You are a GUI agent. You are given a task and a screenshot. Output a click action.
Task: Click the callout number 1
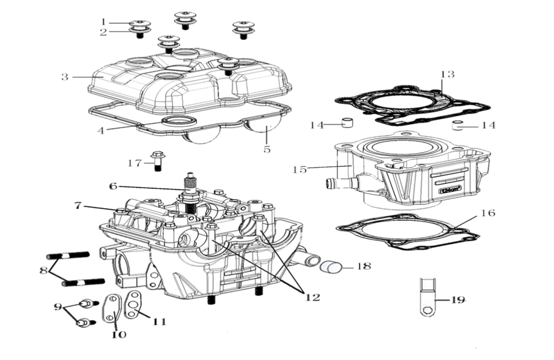pyautogui.click(x=104, y=21)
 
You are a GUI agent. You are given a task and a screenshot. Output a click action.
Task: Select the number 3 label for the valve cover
pyautogui.click(x=65, y=77)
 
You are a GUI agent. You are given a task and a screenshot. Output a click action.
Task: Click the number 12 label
pyautogui.click(x=312, y=297)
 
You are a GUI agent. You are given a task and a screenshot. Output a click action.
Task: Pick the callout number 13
pyautogui.click(x=447, y=74)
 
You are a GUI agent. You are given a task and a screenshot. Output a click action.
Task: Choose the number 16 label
pyautogui.click(x=488, y=213)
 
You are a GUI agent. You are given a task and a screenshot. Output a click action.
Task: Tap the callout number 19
pyautogui.click(x=457, y=300)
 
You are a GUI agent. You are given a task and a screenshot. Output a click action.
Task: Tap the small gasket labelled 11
pyautogui.click(x=134, y=306)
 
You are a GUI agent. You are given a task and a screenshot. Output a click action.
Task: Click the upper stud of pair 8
pyautogui.click(x=67, y=255)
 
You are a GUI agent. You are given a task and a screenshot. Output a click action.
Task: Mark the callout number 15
pyautogui.click(x=300, y=169)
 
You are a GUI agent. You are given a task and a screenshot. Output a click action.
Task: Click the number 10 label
pyautogui.click(x=118, y=334)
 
